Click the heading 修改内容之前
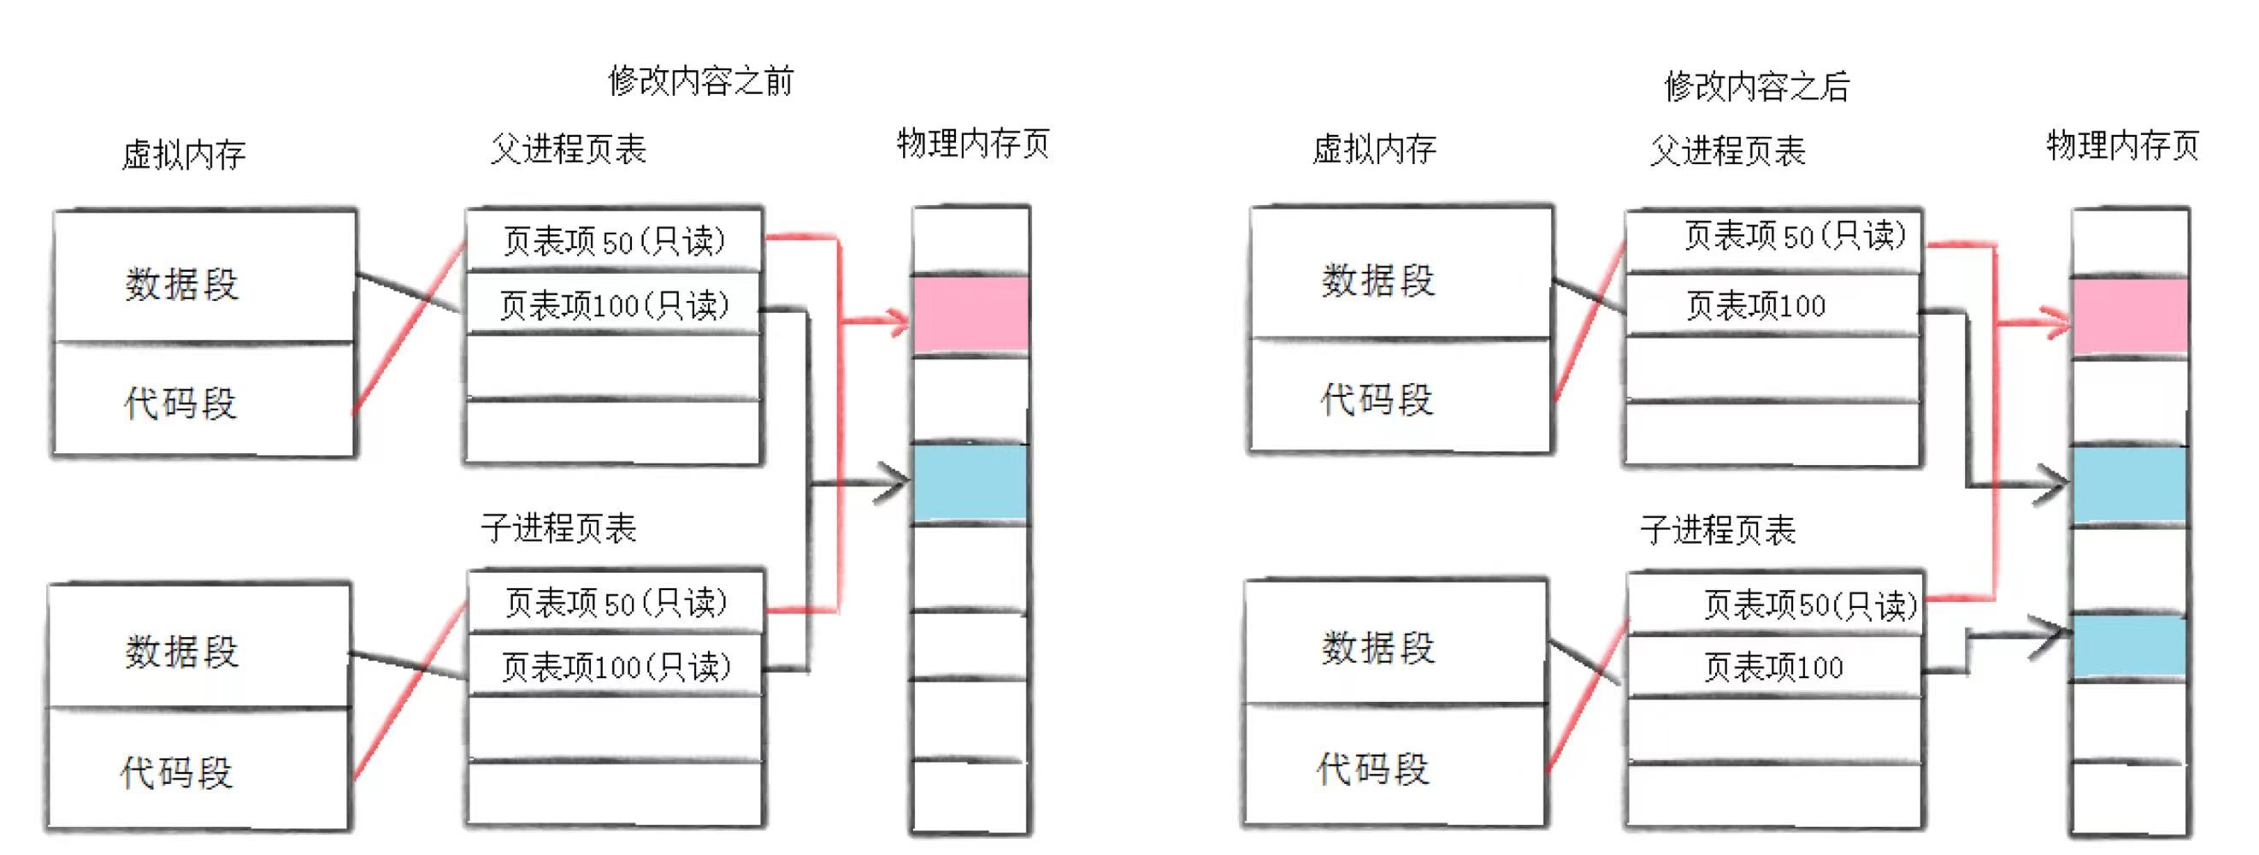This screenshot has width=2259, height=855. pos(700,80)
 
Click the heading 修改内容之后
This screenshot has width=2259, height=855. pos(1756,86)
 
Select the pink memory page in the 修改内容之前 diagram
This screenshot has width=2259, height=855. pos(970,314)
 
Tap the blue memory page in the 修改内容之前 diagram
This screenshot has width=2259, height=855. pos(970,483)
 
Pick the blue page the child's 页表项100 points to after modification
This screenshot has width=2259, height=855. pos(2129,646)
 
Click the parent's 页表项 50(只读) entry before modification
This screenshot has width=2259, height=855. pos(614,240)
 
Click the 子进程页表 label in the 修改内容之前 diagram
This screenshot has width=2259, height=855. pos(558,528)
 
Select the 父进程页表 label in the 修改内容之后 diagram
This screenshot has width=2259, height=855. pos(1727,150)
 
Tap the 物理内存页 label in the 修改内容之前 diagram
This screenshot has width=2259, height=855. pos(972,143)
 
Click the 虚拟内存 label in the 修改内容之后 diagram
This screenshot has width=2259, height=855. pos(1374,149)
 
